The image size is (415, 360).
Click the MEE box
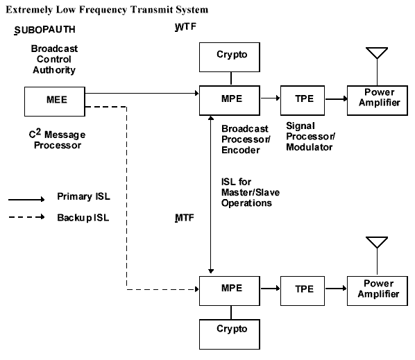pyautogui.click(x=55, y=101)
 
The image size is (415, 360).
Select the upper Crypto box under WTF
pyautogui.click(x=230, y=57)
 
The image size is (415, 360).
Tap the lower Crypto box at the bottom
pyautogui.click(x=230, y=334)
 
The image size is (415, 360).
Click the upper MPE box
pyautogui.click(x=230, y=101)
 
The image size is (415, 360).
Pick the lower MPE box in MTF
pyautogui.click(x=230, y=291)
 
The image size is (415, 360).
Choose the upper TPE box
pyautogui.click(x=303, y=101)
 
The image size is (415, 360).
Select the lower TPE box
pyautogui.click(x=303, y=291)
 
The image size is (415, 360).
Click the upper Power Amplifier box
pyautogui.click(x=378, y=101)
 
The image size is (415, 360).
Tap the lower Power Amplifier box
pyautogui.click(x=378, y=291)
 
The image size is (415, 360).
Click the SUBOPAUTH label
pyautogui.click(x=44, y=30)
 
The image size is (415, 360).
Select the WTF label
pyautogui.click(x=185, y=27)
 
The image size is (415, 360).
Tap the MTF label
pyautogui.click(x=185, y=218)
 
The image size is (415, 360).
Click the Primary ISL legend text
pyautogui.click(x=84, y=196)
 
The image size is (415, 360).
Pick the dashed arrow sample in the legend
pyautogui.click(x=26, y=217)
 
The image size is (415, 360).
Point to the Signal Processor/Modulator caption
pyautogui.click(x=311, y=137)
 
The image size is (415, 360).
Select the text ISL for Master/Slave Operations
pyautogui.click(x=251, y=192)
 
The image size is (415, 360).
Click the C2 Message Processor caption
pyautogui.click(x=57, y=139)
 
